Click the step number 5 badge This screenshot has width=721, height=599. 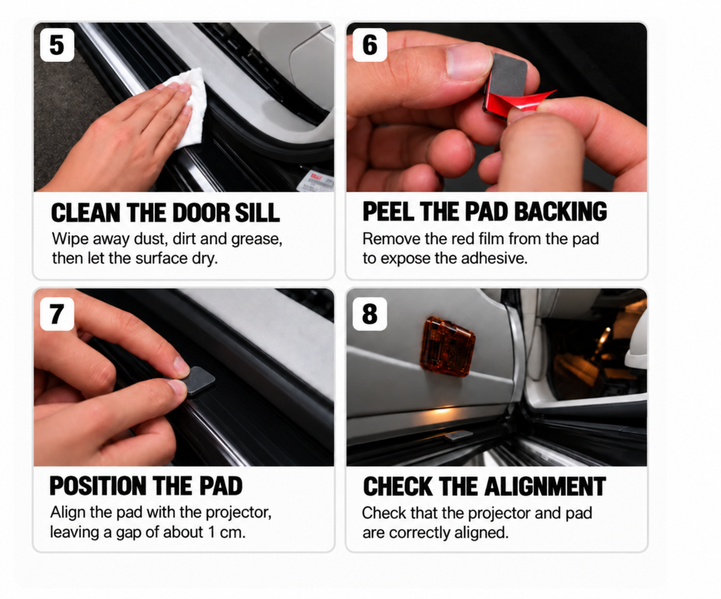pos(57,45)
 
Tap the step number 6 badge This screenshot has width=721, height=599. pos(370,45)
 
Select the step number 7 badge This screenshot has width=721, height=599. pos(57,314)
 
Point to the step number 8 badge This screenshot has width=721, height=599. pos(370,314)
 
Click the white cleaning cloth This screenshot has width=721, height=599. pos(188,103)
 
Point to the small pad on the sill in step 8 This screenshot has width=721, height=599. pos(458,436)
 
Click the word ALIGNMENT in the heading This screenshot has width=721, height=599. pos(545,487)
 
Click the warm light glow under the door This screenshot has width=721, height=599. pos(443,411)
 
